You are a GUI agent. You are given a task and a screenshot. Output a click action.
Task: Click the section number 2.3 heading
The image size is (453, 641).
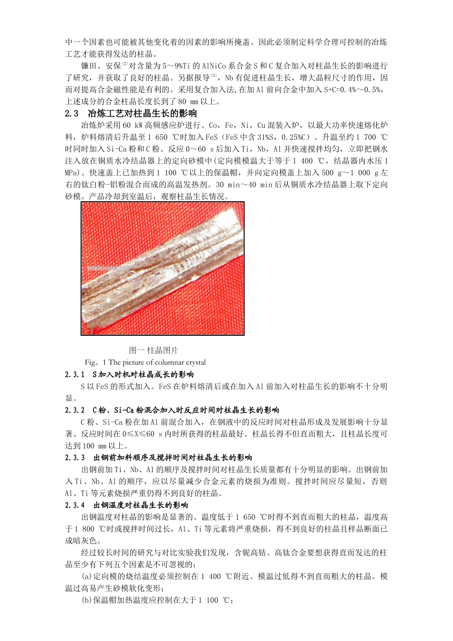pos(72,114)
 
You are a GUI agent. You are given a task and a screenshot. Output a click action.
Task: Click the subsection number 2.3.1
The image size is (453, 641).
pos(75,374)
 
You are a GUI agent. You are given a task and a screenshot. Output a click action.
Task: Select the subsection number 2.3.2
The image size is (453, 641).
pos(75,410)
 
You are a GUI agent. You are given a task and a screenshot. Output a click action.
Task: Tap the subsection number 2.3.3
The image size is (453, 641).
pos(75,458)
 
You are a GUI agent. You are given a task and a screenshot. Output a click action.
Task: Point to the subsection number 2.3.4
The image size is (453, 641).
pos(75,505)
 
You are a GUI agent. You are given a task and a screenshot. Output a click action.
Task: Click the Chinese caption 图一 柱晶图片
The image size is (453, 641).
pos(154,350)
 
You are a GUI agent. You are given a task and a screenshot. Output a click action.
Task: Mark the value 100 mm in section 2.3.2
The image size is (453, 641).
pos(94,446)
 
